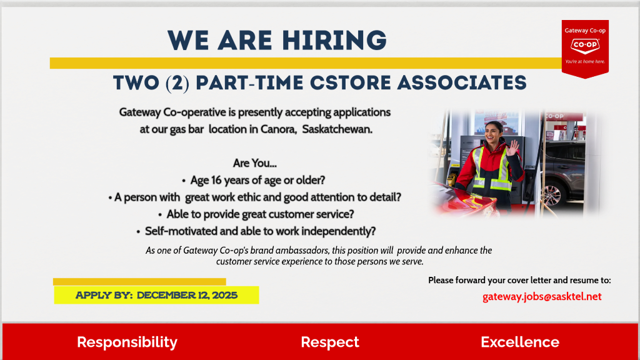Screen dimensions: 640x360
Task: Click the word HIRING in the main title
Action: (334, 41)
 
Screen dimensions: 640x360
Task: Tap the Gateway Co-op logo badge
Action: (585, 49)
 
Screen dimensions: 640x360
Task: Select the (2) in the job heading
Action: (177, 83)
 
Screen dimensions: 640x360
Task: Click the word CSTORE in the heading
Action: (350, 83)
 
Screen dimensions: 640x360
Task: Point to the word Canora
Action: (278, 129)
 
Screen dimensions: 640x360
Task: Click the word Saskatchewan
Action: (337, 129)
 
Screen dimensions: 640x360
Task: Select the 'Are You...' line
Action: (255, 163)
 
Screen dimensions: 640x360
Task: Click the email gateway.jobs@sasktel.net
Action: (542, 297)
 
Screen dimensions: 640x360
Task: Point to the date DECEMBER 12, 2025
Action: (187, 295)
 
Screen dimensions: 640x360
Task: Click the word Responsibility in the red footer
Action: (127, 342)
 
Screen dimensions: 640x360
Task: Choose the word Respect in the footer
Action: (330, 342)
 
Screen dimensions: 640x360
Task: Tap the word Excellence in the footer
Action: (520, 342)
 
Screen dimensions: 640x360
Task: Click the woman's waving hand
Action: (512, 147)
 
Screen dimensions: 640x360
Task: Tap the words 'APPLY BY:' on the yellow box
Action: (104, 295)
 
